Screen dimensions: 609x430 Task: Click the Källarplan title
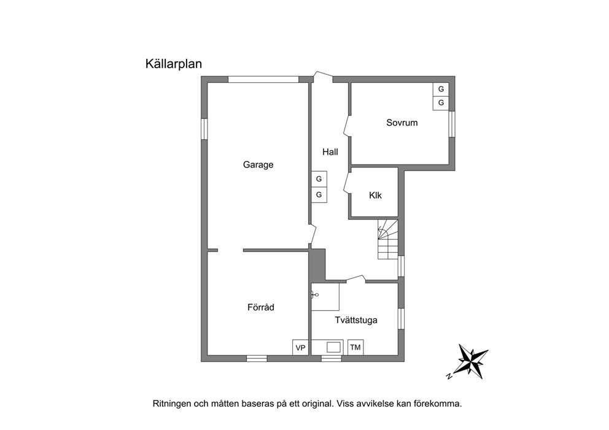point(174,64)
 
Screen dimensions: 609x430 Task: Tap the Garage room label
point(258,165)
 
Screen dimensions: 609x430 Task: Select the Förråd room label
point(261,307)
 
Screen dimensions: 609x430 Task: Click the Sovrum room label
point(402,123)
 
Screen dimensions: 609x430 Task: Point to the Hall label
point(330,152)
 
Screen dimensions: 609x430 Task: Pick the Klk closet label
point(375,195)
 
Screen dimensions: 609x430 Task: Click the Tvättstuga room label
point(356,320)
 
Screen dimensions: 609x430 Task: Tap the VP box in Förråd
point(301,347)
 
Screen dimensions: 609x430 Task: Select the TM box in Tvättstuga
point(355,347)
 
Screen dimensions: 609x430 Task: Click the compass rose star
point(473,361)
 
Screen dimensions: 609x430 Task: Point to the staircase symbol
point(388,239)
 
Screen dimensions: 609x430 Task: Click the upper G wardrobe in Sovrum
point(441,89)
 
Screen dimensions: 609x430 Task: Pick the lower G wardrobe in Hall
point(319,194)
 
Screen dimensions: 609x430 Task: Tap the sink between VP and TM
point(333,347)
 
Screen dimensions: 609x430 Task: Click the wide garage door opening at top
point(263,79)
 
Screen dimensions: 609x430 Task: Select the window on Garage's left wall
point(204,128)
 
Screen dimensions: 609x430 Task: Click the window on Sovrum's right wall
point(452,124)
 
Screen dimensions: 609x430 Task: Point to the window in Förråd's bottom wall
point(257,359)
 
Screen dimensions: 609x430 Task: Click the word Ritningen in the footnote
point(171,404)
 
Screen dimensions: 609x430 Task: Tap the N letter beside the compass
point(449,375)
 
